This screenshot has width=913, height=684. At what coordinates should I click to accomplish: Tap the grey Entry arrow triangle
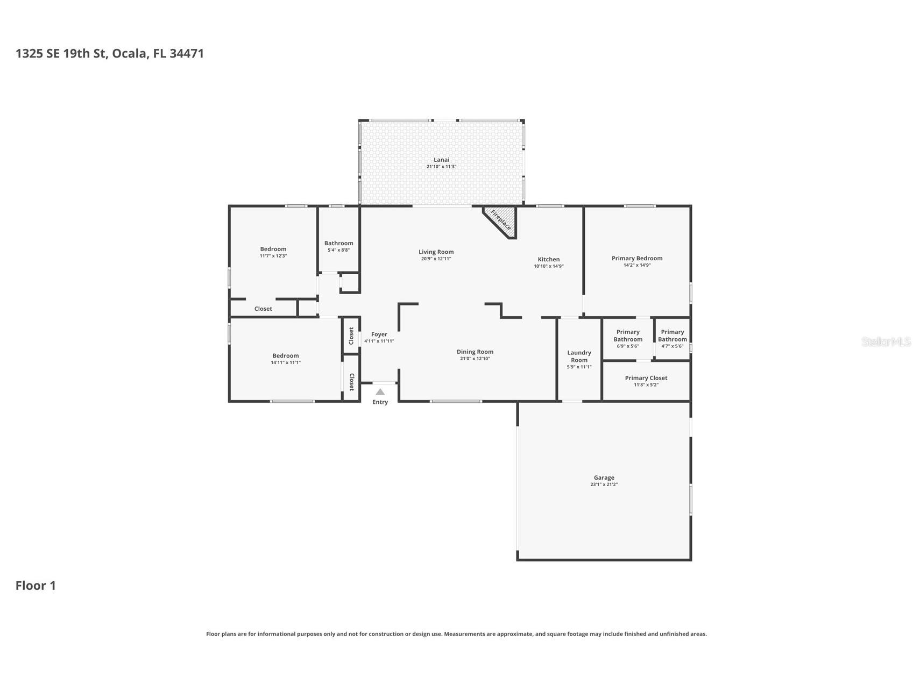380,392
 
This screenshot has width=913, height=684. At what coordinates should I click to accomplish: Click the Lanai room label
441,160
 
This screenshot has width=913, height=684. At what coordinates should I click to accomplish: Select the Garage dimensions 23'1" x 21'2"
604,484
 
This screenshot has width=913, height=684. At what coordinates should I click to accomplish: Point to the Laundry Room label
579,357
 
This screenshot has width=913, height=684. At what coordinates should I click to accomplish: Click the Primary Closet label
646,378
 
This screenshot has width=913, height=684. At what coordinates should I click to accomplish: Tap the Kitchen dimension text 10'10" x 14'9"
548,266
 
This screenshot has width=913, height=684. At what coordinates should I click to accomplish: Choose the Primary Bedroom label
636,258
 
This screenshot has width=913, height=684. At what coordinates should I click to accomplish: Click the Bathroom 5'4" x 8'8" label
338,244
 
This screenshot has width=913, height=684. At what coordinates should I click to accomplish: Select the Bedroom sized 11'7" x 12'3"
273,249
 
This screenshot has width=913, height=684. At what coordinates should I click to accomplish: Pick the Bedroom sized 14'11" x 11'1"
285,355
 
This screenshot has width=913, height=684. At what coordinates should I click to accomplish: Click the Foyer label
379,334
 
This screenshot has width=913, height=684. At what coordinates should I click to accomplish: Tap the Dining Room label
475,352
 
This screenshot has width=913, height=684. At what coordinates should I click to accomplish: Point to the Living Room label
436,252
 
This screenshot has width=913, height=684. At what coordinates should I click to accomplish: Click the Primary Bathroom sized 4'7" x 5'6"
672,336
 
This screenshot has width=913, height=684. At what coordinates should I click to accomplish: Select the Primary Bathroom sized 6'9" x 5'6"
627,336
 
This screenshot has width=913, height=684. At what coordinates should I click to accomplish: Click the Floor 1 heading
36,586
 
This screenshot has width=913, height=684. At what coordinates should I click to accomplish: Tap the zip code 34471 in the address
186,53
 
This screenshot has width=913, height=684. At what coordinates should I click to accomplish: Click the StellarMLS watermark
886,341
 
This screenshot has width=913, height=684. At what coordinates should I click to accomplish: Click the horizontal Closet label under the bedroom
263,309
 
